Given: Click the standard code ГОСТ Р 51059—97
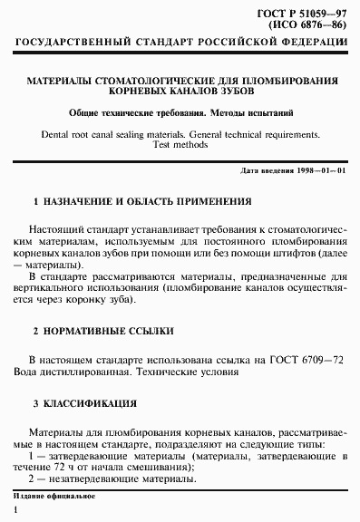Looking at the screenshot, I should (x=305, y=11).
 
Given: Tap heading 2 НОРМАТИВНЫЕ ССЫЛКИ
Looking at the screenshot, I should (x=102, y=332).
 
